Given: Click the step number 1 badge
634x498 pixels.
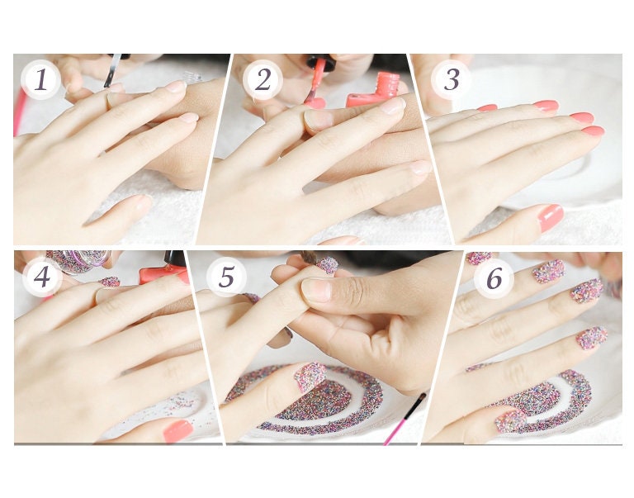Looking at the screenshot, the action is coord(40,79).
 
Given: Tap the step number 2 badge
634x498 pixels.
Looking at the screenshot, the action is coord(263,79).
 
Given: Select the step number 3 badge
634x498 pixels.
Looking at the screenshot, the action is coord(451,79).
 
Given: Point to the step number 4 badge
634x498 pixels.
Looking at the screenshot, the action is coord(42,277).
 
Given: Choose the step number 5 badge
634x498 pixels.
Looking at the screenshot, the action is coord(226,277).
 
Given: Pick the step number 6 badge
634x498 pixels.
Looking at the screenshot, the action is coord(494,278).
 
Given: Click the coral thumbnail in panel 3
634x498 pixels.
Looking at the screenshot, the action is coord(551,218).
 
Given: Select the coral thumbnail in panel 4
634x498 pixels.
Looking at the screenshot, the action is coord(178,430).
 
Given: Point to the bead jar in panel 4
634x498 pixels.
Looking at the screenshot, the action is coord(79,262).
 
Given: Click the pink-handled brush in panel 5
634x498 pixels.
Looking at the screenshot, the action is coord(405,419).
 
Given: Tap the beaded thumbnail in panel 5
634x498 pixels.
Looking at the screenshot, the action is coord(310,377).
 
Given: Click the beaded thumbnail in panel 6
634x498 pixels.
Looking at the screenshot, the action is coord(510,421).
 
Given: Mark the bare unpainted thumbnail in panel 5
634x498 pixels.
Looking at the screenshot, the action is coord(317,290).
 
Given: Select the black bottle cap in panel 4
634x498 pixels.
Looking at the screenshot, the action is coord(174,259).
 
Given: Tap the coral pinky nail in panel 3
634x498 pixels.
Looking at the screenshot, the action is coord(487,108).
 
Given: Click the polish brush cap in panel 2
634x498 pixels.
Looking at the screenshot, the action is coord(321,61).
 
